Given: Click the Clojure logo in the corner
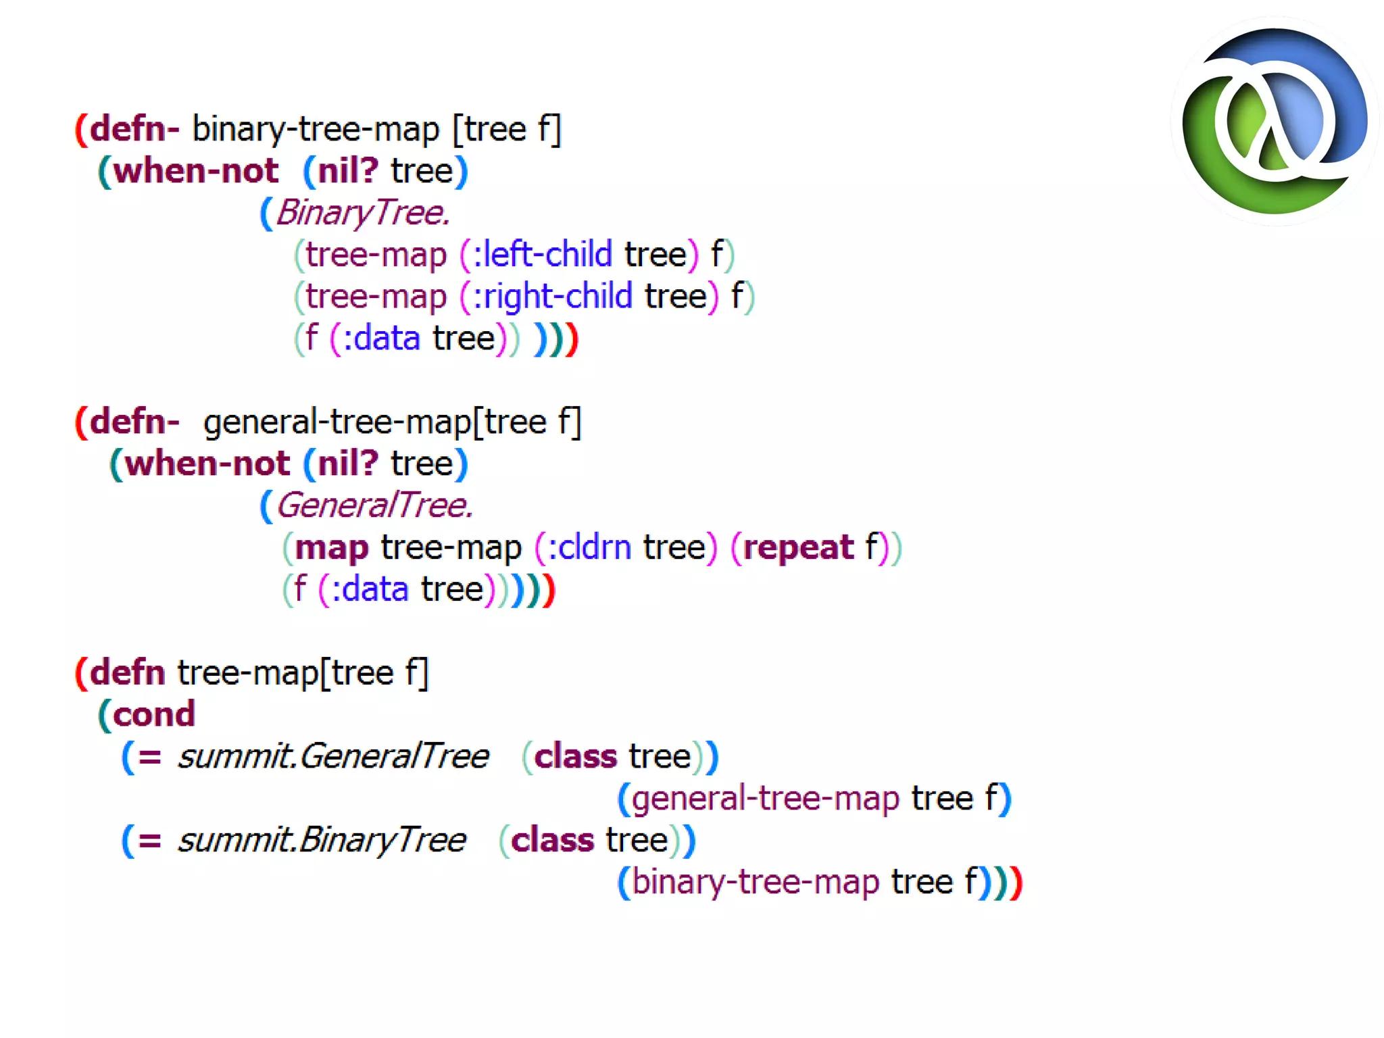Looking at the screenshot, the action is coord(1275,122).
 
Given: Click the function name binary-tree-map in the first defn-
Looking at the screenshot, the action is coord(316,129).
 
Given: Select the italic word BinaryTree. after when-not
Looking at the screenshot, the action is coord(363,213).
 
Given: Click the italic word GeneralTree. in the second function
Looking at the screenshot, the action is coord(374,505).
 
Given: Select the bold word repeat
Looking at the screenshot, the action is coord(798,547).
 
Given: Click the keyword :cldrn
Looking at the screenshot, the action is coord(589,547).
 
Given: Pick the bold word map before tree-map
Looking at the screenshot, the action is coord(332,547).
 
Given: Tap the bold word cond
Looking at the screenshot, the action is coord(154,714).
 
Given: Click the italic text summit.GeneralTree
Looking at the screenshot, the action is coord(333,756).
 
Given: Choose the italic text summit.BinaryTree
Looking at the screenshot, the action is coord(322,840).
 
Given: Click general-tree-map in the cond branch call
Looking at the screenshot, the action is coord(766,798).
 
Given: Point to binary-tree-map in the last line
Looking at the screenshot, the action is coord(755,882).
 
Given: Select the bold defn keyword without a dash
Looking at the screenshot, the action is coord(127,673).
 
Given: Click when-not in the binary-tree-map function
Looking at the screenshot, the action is coord(195,171).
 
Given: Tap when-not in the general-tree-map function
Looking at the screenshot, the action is coord(207,464).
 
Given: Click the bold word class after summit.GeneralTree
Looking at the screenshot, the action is coord(575,756).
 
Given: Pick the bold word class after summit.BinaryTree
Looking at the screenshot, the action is coord(552,840).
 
